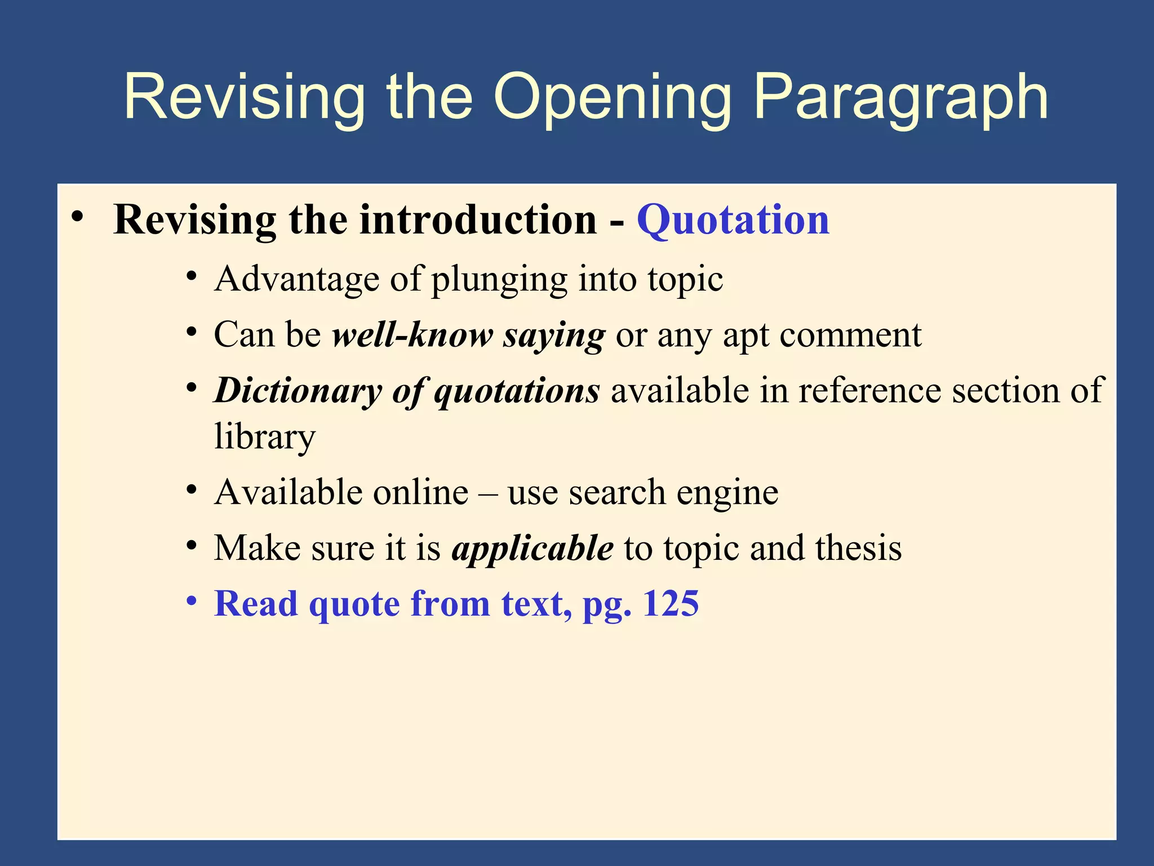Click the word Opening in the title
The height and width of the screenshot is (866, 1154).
(x=613, y=99)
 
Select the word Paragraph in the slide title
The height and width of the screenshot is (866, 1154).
(x=900, y=99)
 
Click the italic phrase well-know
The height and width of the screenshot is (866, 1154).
(x=412, y=335)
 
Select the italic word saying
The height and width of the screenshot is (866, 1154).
(x=554, y=336)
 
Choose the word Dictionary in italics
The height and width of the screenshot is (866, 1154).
(x=298, y=391)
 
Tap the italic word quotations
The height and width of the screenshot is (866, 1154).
(x=517, y=391)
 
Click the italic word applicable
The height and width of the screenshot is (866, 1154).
(x=532, y=549)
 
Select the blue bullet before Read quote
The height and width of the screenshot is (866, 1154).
(x=192, y=601)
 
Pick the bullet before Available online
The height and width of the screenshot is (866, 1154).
(x=192, y=490)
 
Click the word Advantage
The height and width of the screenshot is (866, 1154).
(x=296, y=279)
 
